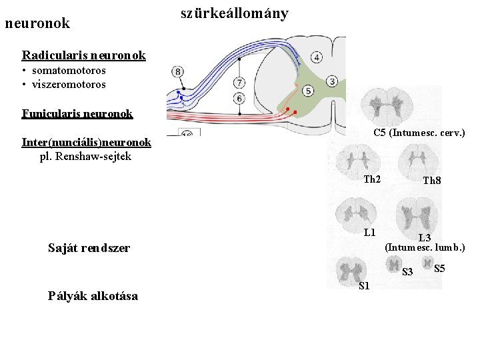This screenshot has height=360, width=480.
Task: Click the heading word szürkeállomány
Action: pyautogui.click(x=234, y=13)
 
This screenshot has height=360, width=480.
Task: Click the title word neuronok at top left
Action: pyautogui.click(x=37, y=23)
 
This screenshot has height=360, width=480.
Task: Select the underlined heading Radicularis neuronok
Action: pyautogui.click(x=83, y=55)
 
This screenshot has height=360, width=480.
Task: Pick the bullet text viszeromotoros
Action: pyautogui.click(x=68, y=85)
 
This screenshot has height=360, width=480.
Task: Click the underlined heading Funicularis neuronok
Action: pyautogui.click(x=77, y=113)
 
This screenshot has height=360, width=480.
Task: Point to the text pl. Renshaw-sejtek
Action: pyautogui.click(x=86, y=157)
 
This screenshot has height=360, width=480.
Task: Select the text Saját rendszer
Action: pyautogui.click(x=89, y=248)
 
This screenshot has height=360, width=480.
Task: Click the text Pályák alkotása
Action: pyautogui.click(x=93, y=296)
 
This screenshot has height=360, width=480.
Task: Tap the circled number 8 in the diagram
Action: pyautogui.click(x=178, y=71)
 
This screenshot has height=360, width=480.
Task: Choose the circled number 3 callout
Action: pyautogui.click(x=331, y=81)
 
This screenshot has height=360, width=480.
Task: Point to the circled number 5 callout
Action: pyautogui.click(x=307, y=90)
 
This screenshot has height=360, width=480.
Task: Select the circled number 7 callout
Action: pyautogui.click(x=239, y=83)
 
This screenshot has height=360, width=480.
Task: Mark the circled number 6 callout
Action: pyautogui.click(x=239, y=99)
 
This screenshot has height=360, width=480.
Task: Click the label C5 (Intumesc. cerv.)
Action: pyautogui.click(x=419, y=133)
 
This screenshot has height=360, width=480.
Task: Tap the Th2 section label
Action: pyautogui.click(x=372, y=179)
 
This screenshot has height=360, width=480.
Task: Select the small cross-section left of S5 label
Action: pyautogui.click(x=427, y=261)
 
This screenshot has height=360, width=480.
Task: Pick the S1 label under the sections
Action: pyautogui.click(x=364, y=286)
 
